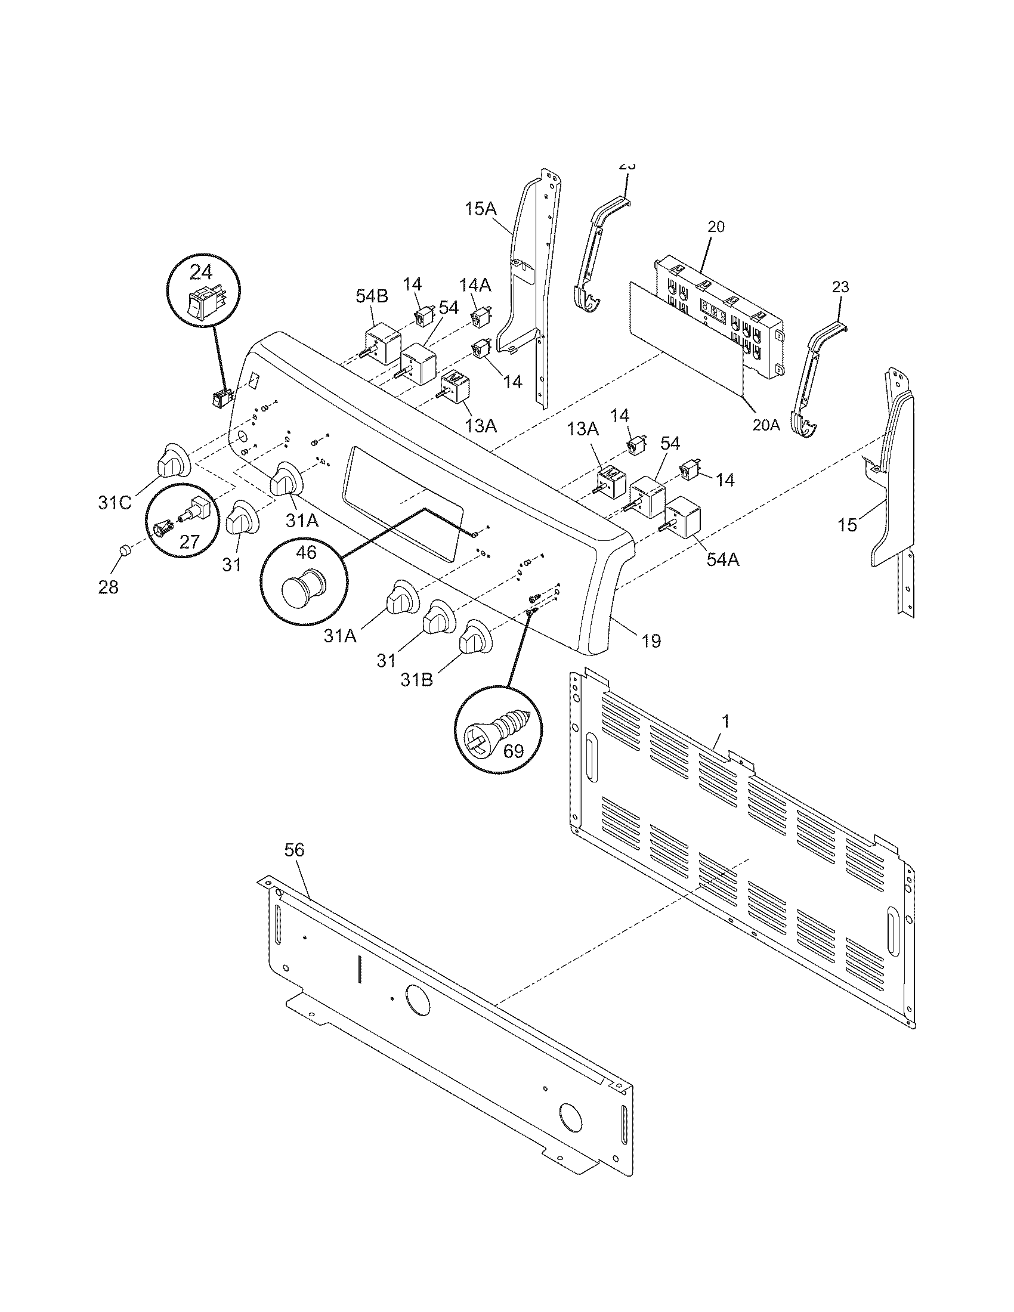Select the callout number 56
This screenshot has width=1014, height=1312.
point(294,850)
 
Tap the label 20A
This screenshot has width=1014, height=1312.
point(766,425)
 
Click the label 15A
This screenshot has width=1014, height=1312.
point(481,209)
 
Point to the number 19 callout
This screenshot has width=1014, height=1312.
point(652,642)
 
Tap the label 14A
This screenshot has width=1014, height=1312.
point(475,284)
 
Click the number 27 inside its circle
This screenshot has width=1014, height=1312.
point(189,542)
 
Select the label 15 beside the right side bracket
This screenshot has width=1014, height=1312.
point(847,524)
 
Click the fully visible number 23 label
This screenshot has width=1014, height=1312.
point(841,287)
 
